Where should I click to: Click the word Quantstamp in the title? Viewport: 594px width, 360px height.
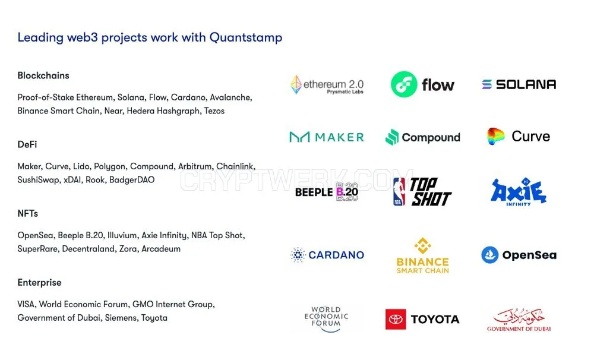[246, 37]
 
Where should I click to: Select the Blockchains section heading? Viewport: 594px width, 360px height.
[43, 75]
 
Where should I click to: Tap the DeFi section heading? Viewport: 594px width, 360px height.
[27, 144]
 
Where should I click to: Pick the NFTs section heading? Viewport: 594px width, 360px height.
[28, 213]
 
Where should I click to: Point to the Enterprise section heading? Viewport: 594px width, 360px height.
[39, 282]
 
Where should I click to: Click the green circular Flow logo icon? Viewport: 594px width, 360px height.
[404, 84]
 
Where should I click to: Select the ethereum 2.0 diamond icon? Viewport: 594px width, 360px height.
[296, 84]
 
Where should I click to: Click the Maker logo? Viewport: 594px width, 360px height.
[327, 137]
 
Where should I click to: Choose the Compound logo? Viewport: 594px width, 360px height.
[423, 137]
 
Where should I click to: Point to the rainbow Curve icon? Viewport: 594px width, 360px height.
[495, 137]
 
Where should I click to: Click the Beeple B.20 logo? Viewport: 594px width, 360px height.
[327, 192]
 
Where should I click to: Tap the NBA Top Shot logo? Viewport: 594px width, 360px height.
[422, 191]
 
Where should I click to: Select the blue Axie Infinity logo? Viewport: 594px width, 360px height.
[519, 191]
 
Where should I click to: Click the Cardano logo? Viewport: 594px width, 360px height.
[327, 255]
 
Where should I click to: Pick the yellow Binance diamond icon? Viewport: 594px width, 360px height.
[423, 245]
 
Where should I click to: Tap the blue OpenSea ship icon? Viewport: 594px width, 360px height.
[490, 255]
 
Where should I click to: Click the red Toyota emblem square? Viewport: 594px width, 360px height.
[396, 319]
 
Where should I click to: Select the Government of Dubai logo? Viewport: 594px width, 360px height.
[519, 320]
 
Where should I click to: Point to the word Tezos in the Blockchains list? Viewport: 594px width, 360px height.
[214, 111]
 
